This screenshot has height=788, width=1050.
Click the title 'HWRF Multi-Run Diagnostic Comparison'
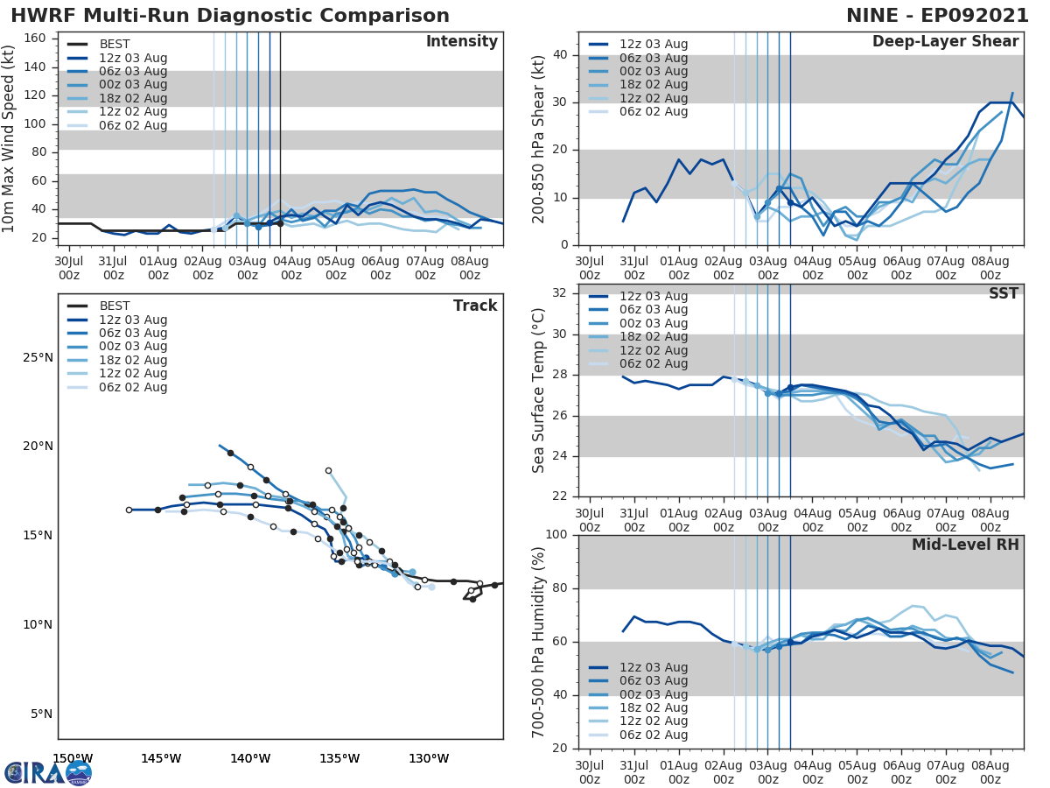(x=230, y=16)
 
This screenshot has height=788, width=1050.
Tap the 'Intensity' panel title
(x=461, y=42)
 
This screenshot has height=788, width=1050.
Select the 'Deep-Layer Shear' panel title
(x=945, y=42)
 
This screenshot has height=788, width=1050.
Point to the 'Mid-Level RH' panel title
(x=965, y=545)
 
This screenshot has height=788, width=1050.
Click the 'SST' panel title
(x=1004, y=293)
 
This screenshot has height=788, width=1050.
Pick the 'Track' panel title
(x=475, y=306)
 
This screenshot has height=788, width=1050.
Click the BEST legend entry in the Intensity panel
(x=115, y=44)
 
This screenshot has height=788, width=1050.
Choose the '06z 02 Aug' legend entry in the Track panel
(x=133, y=387)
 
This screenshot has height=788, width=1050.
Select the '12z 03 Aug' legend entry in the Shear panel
(x=654, y=44)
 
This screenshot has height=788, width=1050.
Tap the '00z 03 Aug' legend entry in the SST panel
(x=654, y=323)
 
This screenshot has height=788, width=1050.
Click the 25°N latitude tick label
(x=38, y=357)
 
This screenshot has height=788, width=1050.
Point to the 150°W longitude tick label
(x=73, y=758)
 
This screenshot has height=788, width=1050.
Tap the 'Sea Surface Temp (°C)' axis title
(x=539, y=390)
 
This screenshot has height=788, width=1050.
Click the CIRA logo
(x=48, y=772)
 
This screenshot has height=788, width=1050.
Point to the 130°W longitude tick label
(x=429, y=758)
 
